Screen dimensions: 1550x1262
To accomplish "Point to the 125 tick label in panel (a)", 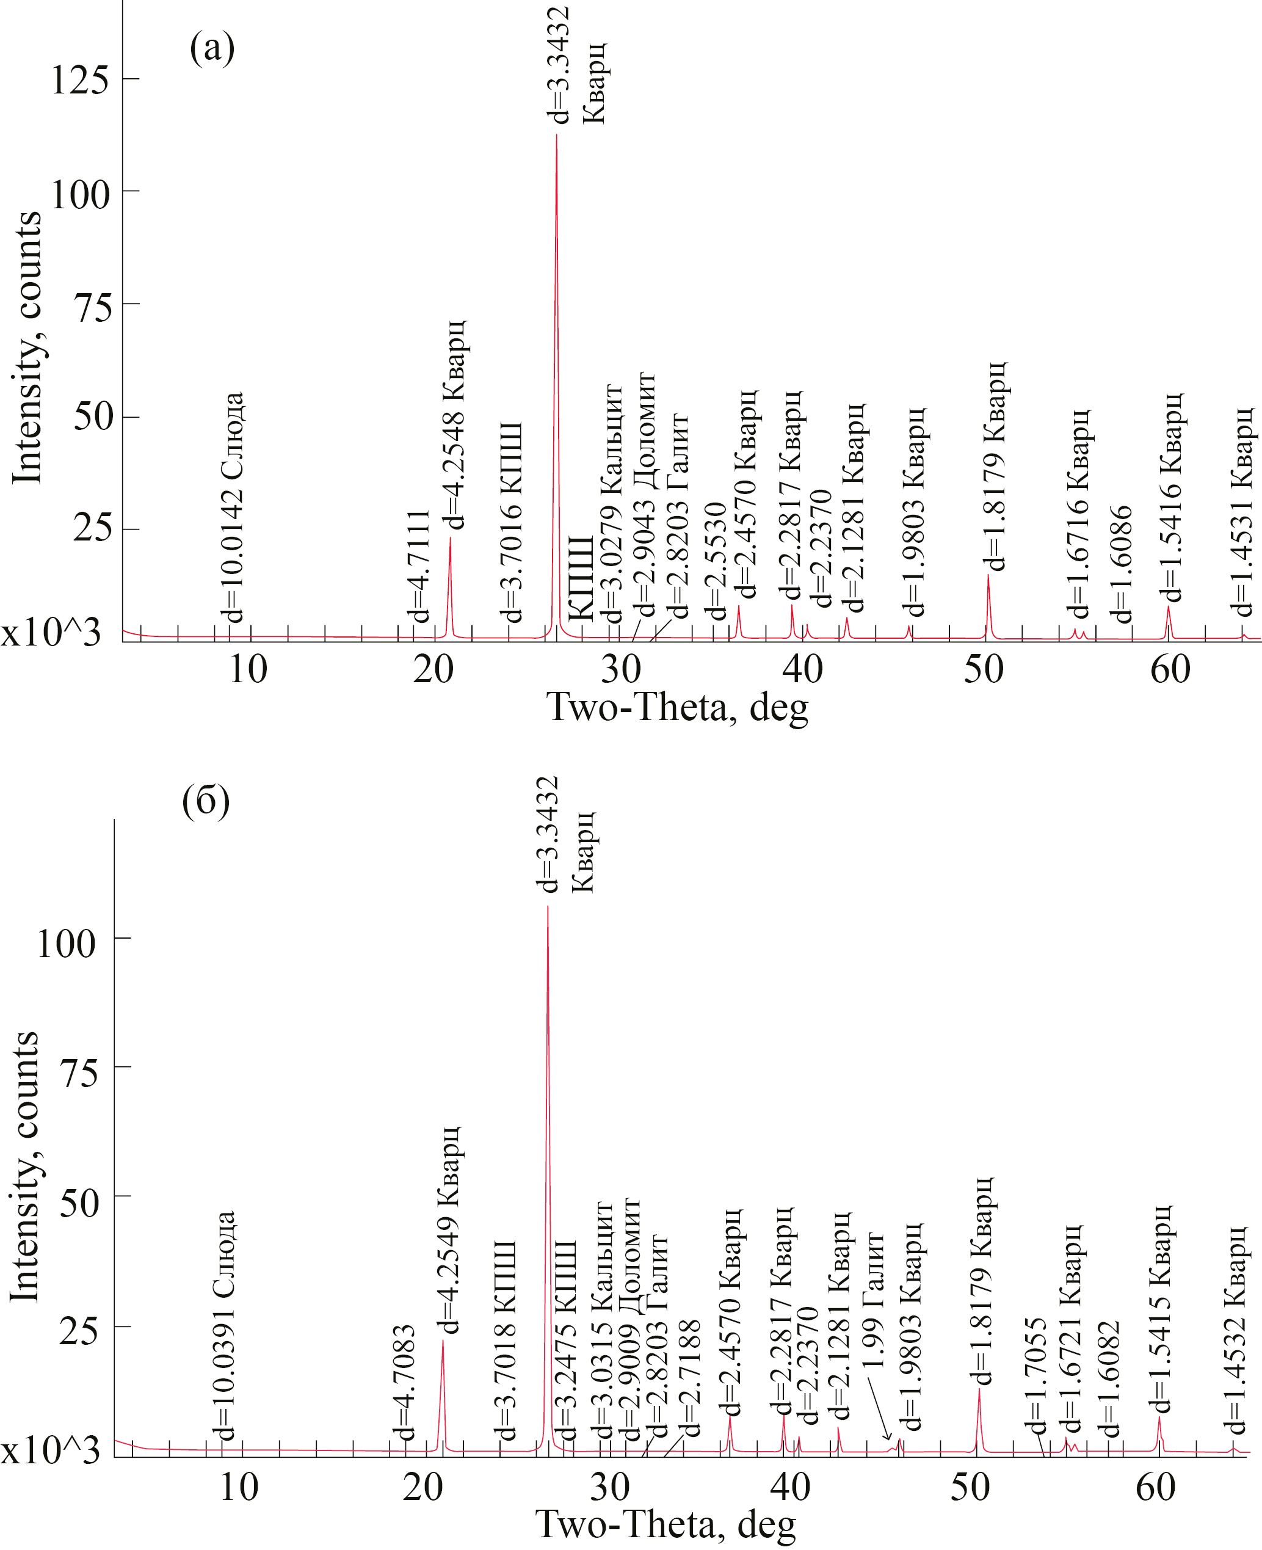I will point(80,79).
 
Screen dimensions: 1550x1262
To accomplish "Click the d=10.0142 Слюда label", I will point(233,507).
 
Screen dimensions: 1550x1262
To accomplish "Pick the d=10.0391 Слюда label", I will point(225,1325).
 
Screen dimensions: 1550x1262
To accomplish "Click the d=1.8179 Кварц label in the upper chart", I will point(993,465).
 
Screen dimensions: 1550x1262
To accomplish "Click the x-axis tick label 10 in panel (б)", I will point(239,1488).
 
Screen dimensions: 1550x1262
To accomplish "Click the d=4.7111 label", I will point(420,566).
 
